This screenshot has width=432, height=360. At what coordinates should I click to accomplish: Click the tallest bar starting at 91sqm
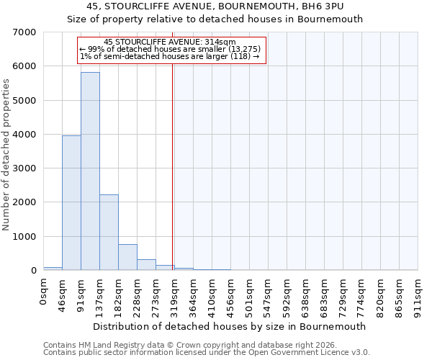tap(90, 171)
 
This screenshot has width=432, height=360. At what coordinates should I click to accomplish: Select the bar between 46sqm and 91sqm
tap(71, 203)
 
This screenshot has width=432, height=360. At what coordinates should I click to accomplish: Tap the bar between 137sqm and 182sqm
tap(109, 233)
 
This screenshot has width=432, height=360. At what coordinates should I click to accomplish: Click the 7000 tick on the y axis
tap(26, 32)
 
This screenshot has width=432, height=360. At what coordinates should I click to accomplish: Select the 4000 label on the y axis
tap(26, 135)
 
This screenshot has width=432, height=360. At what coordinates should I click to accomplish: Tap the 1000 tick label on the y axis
tap(26, 237)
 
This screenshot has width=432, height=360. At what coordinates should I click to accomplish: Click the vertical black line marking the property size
tap(173, 166)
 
